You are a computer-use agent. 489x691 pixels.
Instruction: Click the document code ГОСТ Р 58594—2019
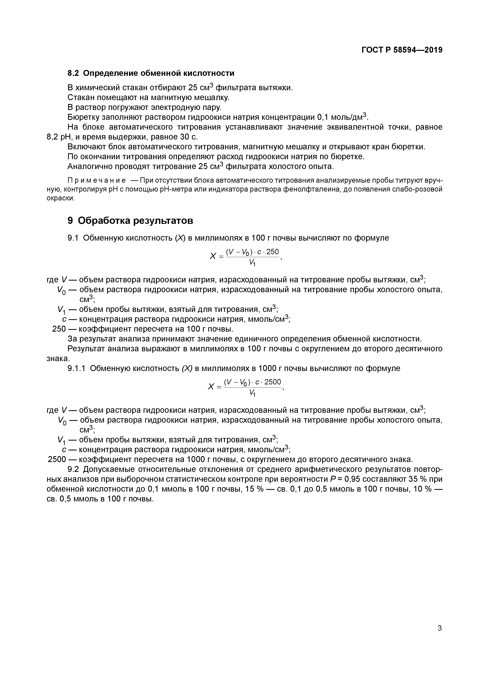[x=402, y=50]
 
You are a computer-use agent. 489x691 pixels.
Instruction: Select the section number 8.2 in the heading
[x=73, y=73]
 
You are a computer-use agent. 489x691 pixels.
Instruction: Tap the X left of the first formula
[x=213, y=256]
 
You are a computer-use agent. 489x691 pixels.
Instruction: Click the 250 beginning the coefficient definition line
[x=59, y=329]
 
